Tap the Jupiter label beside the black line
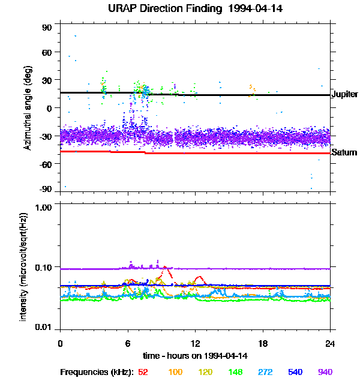point(344,95)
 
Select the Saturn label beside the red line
point(344,152)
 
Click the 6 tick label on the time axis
point(127,343)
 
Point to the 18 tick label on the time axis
point(263,343)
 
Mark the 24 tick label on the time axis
point(330,343)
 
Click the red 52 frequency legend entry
point(143,373)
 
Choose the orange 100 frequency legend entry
point(175,373)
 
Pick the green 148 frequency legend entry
point(236,373)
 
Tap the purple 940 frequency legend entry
point(325,373)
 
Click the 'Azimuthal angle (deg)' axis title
point(27,108)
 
